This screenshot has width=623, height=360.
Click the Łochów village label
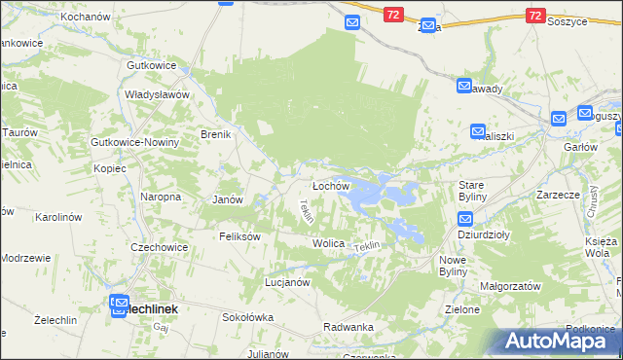point(330,185)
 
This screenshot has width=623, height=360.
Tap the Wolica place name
point(329,242)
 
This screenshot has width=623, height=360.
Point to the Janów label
point(227,198)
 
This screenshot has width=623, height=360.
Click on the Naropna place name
point(162,197)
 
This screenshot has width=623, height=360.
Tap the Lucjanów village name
point(287,282)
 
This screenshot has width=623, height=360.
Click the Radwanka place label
point(348,327)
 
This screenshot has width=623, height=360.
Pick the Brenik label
point(215,134)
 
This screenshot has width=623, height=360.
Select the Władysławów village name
point(156,94)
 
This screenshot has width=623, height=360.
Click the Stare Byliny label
point(476,190)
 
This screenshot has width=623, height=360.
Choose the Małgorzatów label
point(509,287)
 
